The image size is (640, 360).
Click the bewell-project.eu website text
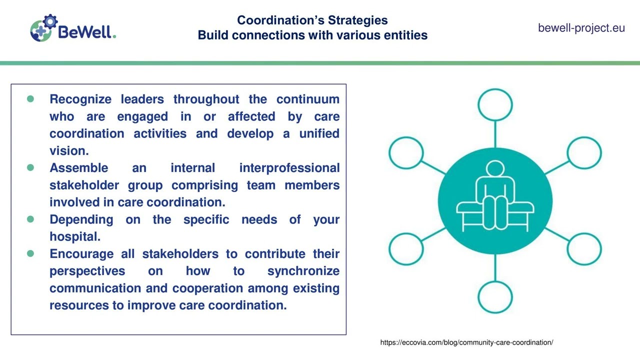tap(581, 28)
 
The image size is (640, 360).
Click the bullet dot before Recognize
tap(30, 99)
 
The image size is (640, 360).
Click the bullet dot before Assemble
tap(30, 167)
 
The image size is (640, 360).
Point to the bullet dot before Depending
tap(30, 219)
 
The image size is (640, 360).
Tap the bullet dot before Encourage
tap(30, 253)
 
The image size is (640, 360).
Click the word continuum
tap(307, 99)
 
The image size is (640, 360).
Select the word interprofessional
tap(289, 167)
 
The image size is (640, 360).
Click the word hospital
tap(74, 236)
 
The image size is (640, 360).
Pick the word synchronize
tap(303, 271)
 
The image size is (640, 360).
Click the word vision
tap(68, 150)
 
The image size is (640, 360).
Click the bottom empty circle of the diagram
tap(495, 296)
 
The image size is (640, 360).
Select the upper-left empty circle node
tap(406, 152)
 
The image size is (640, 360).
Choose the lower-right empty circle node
tap(584, 248)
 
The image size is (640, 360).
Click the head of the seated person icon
tap(495, 169)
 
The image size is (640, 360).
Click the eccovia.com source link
tap(466, 342)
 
